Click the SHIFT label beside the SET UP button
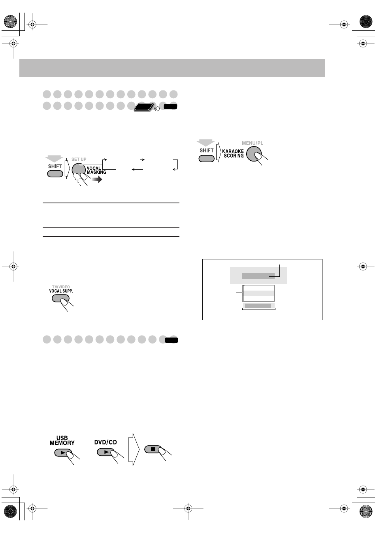click(x=55, y=166)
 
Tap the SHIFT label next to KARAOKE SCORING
click(x=206, y=150)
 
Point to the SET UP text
click(x=79, y=160)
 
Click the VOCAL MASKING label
click(x=96, y=170)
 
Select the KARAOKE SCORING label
click(x=233, y=154)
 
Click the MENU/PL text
click(x=253, y=143)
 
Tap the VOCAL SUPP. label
click(x=61, y=291)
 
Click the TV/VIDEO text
click(x=61, y=287)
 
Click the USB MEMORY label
click(x=62, y=441)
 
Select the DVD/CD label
click(x=106, y=442)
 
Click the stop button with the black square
click(x=153, y=449)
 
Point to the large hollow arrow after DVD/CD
click(x=134, y=449)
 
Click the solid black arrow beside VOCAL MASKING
click(x=97, y=180)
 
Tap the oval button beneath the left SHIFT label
click(x=55, y=174)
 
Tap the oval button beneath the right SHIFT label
click(x=206, y=158)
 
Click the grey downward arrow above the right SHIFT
click(x=206, y=143)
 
